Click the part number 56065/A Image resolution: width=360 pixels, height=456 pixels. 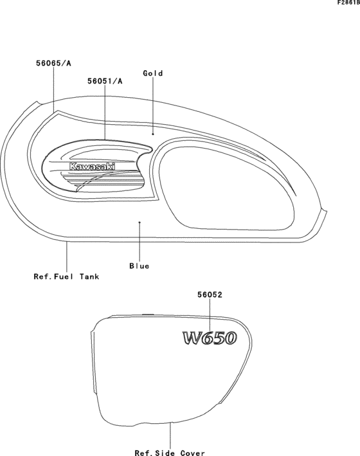tap(53, 63)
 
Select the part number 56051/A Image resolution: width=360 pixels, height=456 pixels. tap(105, 81)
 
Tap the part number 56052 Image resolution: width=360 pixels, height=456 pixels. tap(210, 295)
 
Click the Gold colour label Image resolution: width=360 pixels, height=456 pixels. tap(153, 73)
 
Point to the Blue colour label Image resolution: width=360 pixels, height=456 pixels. tap(139, 266)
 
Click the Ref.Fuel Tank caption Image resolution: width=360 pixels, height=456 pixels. tap(67, 277)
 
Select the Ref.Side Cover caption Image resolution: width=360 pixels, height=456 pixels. tap(170, 453)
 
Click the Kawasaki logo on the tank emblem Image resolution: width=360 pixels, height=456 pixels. tap(92, 167)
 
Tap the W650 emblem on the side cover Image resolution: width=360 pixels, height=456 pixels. tap(210, 338)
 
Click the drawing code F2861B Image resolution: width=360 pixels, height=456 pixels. tap(348, 3)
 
